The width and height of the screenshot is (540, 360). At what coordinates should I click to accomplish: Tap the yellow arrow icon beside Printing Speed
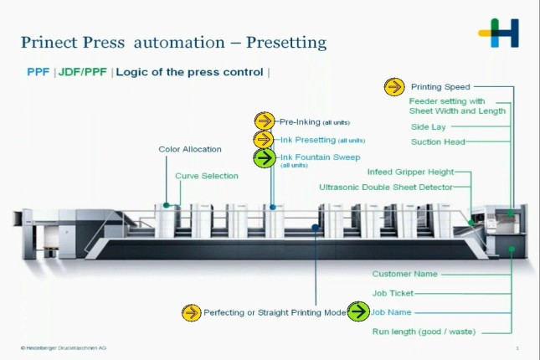[394, 86]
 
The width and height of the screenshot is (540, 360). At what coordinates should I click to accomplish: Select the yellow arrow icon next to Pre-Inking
[265, 121]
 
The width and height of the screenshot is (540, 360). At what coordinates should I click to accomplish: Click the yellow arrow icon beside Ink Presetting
[264, 140]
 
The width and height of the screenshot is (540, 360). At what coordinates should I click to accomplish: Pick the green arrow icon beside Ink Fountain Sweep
[265, 157]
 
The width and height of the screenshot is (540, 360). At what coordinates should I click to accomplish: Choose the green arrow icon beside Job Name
[358, 312]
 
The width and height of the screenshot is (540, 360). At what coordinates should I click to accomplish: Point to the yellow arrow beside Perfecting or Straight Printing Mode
[192, 312]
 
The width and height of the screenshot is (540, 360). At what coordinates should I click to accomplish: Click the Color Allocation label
[190, 149]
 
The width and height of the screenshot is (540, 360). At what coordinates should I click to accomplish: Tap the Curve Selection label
[207, 176]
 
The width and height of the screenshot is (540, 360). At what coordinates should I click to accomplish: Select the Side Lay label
[428, 127]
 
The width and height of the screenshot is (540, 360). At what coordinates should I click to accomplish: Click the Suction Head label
[438, 142]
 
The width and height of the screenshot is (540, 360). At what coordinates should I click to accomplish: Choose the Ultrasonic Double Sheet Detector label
[386, 187]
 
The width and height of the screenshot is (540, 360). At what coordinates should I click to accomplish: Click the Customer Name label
[404, 274]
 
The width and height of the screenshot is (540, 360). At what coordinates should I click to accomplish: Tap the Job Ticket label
[393, 293]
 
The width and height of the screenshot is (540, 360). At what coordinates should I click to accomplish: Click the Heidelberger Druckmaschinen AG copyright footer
[64, 347]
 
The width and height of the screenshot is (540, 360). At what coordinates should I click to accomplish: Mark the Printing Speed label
[440, 86]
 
